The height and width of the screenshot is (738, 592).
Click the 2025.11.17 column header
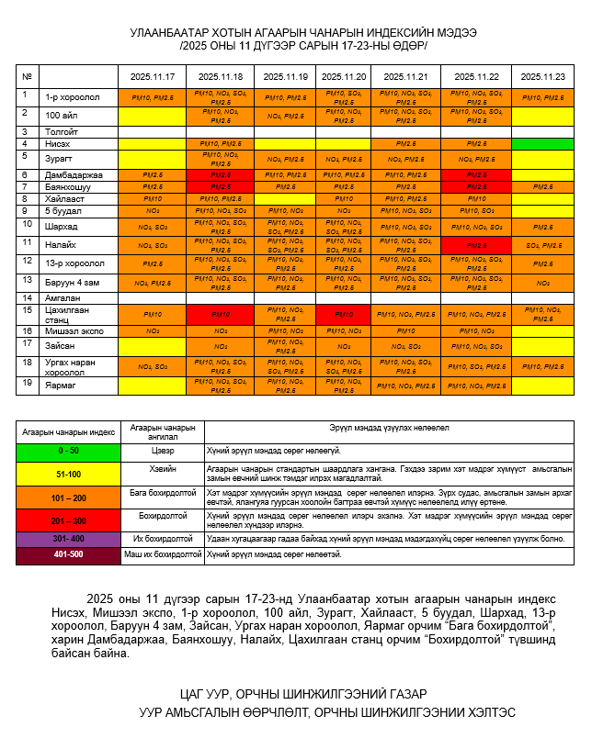coord(153,77)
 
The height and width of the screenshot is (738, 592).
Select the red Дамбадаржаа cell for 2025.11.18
coord(221,174)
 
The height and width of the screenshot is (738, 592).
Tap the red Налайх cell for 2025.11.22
coord(476,245)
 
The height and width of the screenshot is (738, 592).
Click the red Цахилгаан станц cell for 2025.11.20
coord(343,314)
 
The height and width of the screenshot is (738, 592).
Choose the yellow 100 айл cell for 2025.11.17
coord(153,116)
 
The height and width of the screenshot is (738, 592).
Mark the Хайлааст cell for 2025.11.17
coord(153,198)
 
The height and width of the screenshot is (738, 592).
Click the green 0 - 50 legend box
coord(69,451)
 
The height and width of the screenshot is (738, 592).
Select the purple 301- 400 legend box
coord(69,538)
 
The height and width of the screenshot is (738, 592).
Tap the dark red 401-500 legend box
coord(69,554)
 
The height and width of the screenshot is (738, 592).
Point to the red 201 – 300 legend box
coord(69,520)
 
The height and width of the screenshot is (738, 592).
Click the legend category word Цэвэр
coord(162,451)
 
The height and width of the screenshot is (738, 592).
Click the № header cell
coord(27,77)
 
